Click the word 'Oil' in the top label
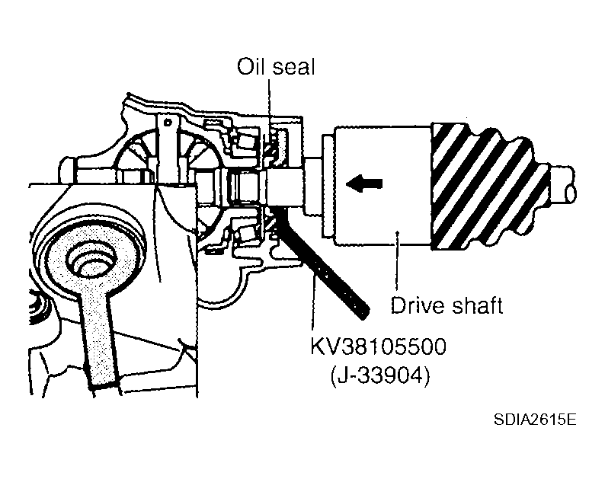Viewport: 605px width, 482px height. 251,67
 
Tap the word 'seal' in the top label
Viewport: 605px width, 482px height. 293,67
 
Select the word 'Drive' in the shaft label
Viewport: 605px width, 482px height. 417,306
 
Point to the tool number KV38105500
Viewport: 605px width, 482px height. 379,346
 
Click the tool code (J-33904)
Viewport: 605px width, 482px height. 380,375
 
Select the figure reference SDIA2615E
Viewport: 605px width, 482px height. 535,419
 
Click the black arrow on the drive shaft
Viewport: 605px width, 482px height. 364,183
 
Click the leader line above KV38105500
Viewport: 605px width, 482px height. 313,305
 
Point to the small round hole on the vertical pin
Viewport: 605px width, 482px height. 168,123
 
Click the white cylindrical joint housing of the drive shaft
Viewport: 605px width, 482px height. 383,186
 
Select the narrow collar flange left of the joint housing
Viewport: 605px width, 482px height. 328,186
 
